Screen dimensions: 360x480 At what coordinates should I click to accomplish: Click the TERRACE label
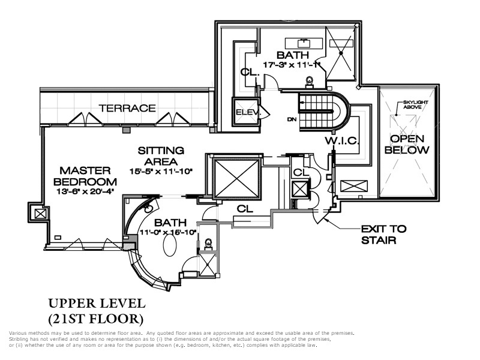point(127,109)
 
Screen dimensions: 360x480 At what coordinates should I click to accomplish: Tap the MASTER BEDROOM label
point(85,177)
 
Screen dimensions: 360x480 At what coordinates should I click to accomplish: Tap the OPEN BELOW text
point(410,145)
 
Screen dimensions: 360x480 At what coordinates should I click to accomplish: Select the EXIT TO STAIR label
point(383,234)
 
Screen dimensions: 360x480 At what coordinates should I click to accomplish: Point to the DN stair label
point(292,119)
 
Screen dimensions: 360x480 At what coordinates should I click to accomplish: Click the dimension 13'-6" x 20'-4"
point(85,192)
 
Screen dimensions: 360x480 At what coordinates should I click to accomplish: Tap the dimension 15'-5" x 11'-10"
point(161,172)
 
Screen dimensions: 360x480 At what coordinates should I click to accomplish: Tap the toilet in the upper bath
point(310,80)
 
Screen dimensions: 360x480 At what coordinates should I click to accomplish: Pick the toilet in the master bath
point(209,244)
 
